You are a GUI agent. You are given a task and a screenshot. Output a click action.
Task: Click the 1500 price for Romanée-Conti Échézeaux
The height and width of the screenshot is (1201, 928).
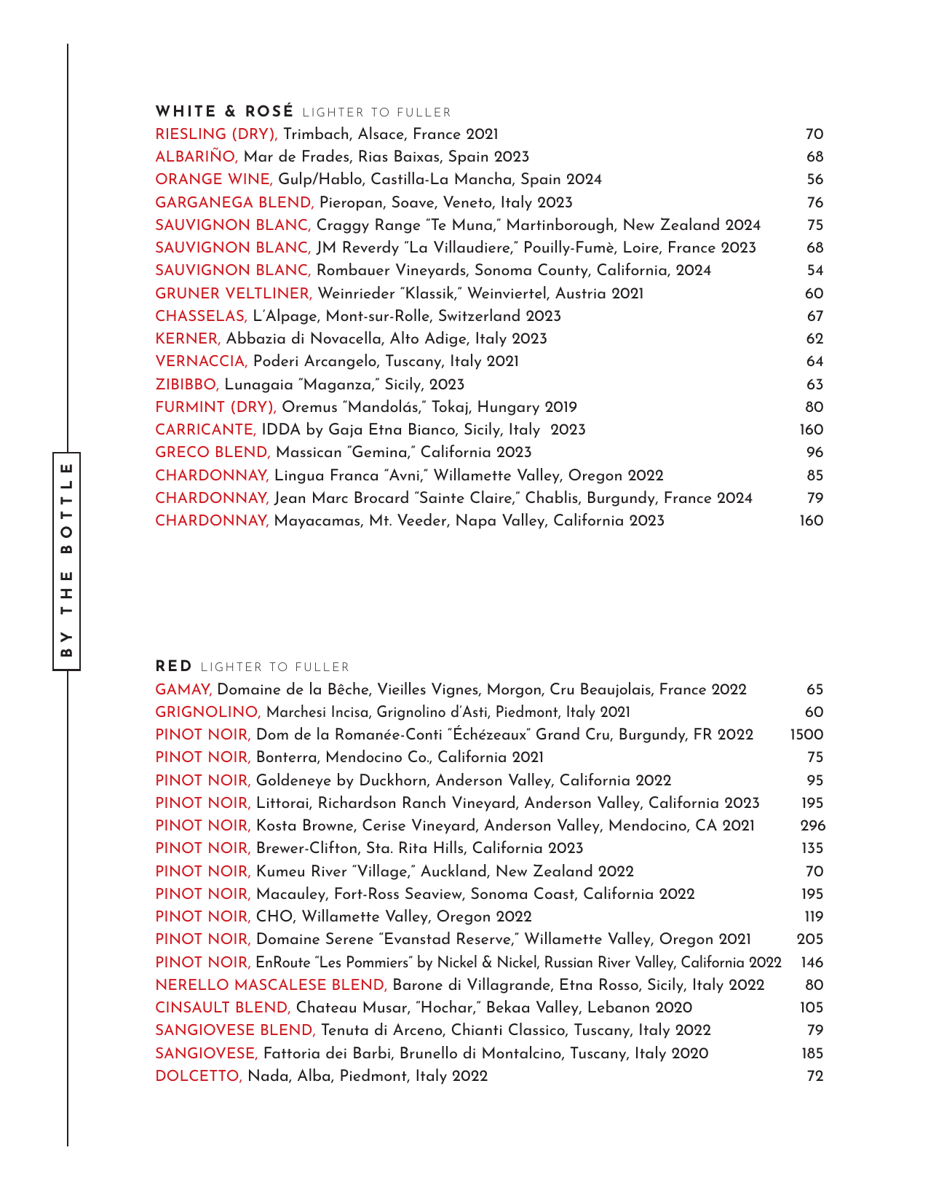(806, 735)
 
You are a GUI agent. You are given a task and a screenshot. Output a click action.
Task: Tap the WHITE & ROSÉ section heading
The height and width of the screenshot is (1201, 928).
(224, 112)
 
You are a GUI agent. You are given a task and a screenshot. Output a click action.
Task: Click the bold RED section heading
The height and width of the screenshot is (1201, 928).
(174, 667)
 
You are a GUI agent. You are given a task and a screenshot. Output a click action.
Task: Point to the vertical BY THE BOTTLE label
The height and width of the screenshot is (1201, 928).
(66, 560)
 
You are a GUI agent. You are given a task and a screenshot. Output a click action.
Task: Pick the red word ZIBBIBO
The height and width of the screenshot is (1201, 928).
(187, 384)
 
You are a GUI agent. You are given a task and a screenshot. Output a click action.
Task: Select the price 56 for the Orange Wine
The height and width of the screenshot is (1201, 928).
(814, 180)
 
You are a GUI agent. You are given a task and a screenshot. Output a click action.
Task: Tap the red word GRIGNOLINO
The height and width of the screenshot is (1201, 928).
(207, 713)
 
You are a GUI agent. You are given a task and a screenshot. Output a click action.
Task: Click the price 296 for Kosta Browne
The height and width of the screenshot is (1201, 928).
(812, 826)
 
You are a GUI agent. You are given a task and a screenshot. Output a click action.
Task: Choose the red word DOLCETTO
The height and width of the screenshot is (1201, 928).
(199, 1077)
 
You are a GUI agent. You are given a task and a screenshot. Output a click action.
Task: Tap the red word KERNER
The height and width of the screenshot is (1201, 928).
(187, 339)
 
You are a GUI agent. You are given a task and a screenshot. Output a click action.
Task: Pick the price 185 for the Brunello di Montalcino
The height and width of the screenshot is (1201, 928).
(812, 1054)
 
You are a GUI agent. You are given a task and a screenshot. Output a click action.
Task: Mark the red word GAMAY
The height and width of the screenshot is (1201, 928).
(183, 690)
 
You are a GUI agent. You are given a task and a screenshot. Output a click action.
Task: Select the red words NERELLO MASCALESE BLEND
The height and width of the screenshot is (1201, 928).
(271, 986)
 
